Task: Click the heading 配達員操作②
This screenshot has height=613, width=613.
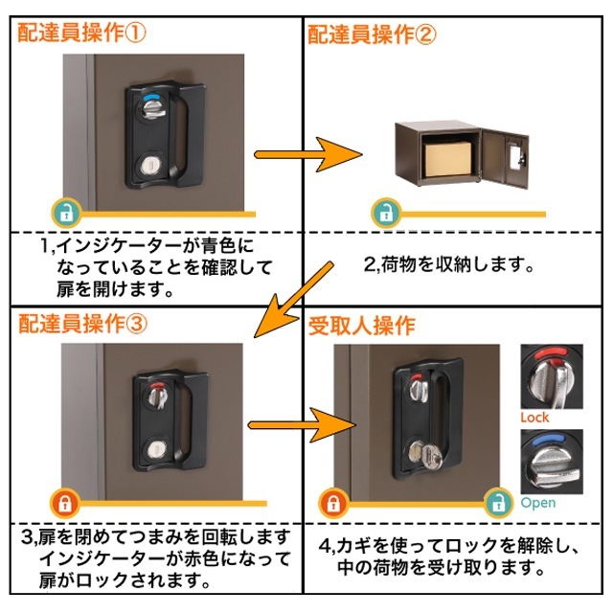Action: [372, 35]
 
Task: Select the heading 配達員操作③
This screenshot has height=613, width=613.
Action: [82, 324]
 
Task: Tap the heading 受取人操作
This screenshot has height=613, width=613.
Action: [361, 325]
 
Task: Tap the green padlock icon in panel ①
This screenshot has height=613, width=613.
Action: [64, 212]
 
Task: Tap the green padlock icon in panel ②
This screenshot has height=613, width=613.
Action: [384, 212]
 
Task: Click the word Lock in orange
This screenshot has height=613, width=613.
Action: [534, 418]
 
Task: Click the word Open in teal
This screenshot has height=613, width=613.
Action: [537, 502]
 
